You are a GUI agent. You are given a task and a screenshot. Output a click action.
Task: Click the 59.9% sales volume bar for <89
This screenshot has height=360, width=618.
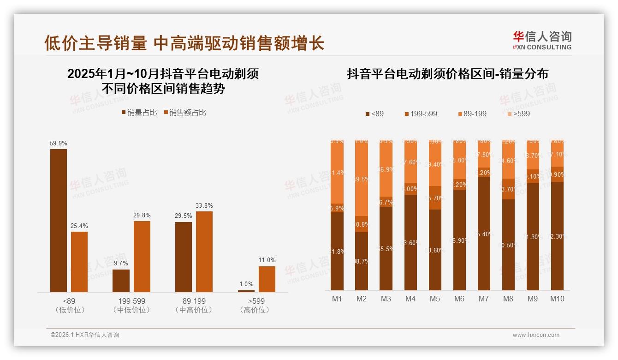[x=59, y=220]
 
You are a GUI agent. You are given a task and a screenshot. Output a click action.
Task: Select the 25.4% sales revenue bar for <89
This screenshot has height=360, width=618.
[x=79, y=261]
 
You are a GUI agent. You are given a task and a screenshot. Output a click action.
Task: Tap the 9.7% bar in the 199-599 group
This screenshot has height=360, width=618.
[x=121, y=281]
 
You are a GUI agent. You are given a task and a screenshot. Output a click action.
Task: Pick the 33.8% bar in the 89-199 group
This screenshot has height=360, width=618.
[x=204, y=252]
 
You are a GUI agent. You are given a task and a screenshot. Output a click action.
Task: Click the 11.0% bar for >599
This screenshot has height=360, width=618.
[x=267, y=279]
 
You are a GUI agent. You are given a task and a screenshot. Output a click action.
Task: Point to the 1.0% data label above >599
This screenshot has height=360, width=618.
[x=246, y=284]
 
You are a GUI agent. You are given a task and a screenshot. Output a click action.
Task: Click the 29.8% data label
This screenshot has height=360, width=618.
[x=142, y=215]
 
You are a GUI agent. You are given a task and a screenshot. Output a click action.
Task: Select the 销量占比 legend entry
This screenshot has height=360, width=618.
[x=139, y=113]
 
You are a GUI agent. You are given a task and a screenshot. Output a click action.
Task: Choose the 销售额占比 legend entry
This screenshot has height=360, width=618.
[x=184, y=113]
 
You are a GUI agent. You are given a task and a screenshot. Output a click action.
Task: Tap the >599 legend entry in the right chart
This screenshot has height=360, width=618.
[x=518, y=114]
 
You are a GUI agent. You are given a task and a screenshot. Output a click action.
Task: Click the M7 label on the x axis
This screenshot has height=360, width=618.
[x=483, y=299]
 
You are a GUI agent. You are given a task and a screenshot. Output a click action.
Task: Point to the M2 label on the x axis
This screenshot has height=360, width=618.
[x=361, y=299]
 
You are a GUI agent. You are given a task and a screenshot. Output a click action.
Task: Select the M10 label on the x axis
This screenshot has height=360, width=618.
[x=557, y=299]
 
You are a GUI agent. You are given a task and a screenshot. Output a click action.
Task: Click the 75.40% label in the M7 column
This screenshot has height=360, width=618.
[x=484, y=234]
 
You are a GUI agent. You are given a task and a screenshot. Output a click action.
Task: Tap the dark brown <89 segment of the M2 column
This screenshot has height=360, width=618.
[x=362, y=261]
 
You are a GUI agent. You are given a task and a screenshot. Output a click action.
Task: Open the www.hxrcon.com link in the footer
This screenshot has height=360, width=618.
[x=536, y=335]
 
